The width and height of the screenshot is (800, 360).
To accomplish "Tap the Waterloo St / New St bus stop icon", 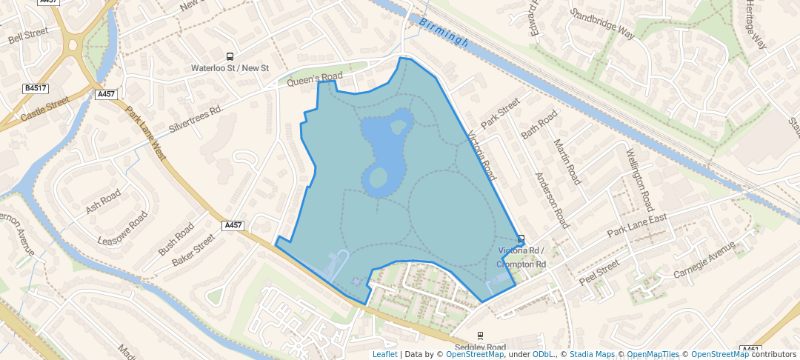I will tap(230, 57).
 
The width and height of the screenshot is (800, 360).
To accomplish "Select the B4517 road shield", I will tap(34, 89).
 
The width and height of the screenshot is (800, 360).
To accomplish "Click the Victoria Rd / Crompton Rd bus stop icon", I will tap(521, 239).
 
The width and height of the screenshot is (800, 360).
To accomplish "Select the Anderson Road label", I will tap(552, 201).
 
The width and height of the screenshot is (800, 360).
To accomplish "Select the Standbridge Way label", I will tap(602, 24).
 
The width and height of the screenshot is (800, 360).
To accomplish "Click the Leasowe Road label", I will tap(123, 230).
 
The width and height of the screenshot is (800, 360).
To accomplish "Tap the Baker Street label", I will tap(193, 250).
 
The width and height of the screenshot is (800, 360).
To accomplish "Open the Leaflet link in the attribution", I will tap(384, 354).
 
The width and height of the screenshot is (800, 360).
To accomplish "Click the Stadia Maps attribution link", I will tap(592, 354).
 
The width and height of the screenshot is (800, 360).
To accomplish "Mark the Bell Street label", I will tap(27, 35).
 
